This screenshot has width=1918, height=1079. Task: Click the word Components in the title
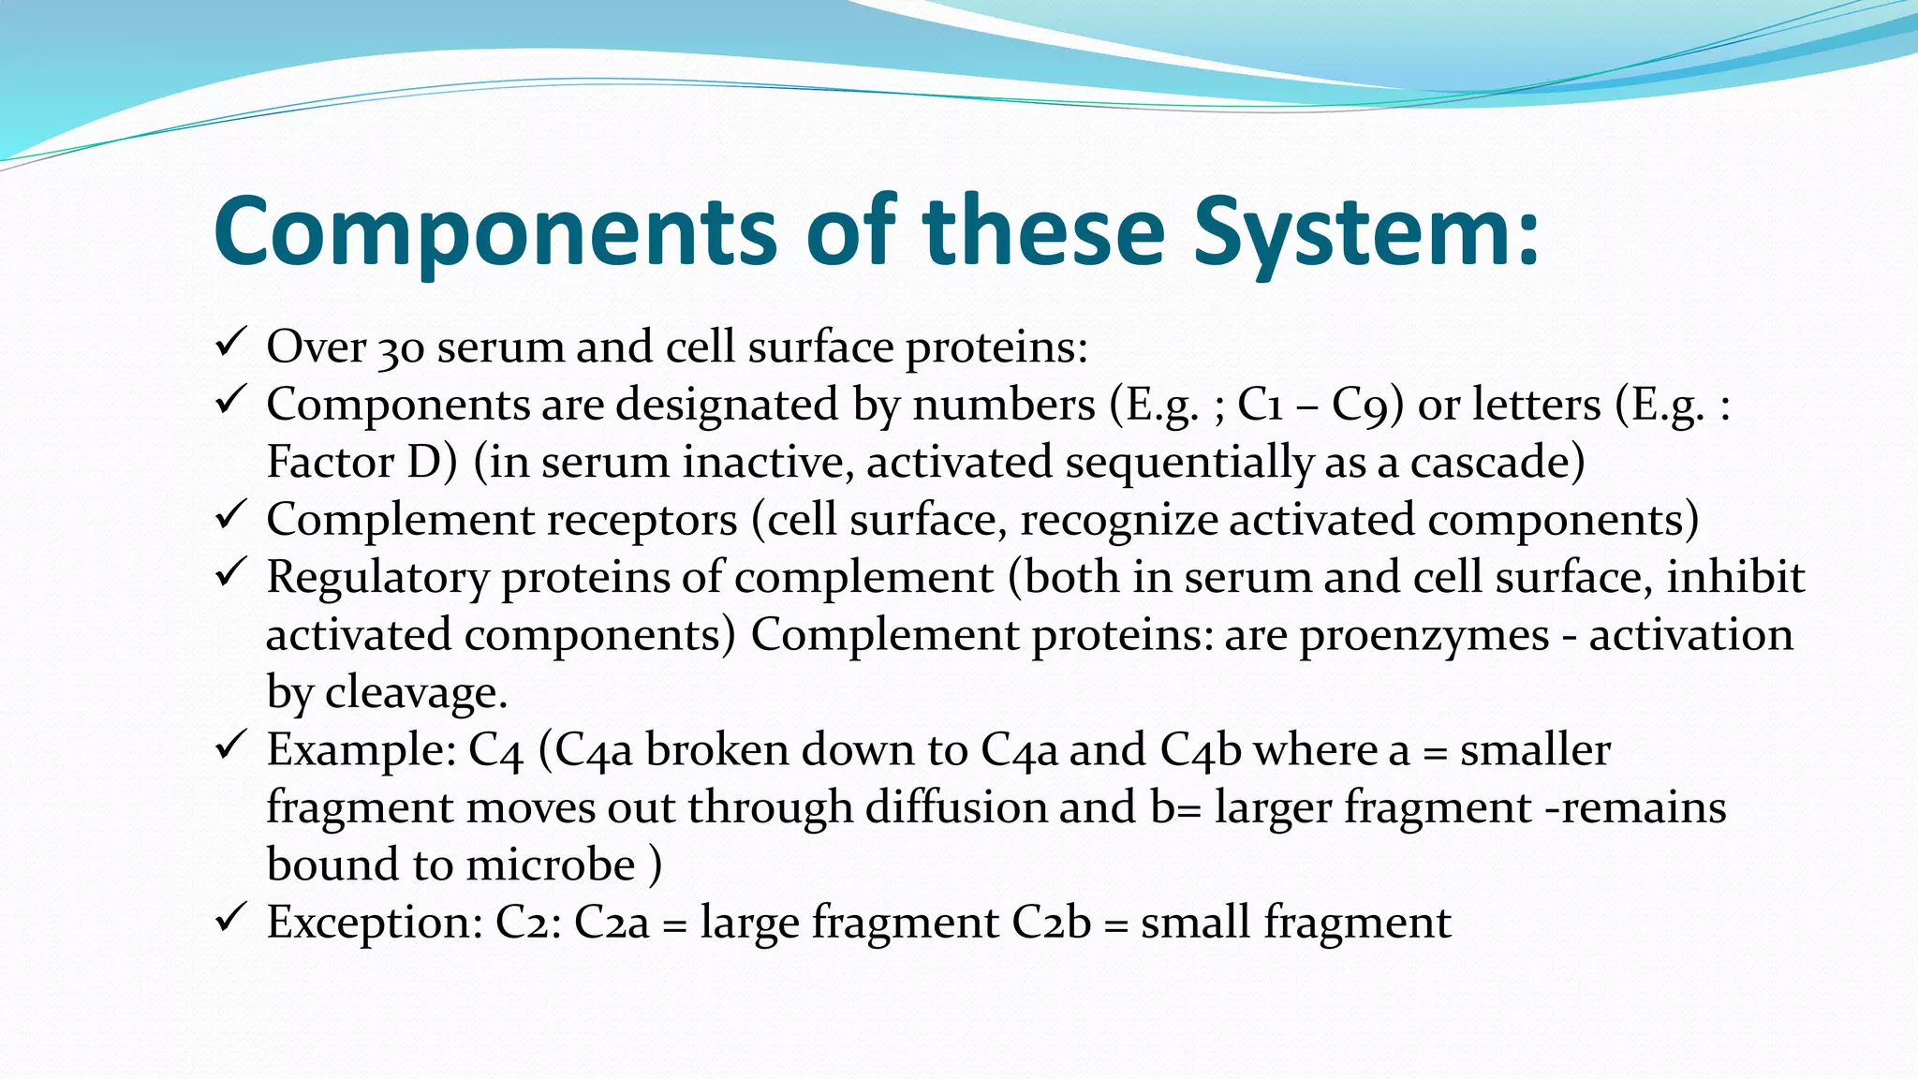coord(494,232)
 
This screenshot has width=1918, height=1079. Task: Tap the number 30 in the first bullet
coord(401,348)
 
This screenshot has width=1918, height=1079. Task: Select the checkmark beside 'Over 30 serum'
coord(230,343)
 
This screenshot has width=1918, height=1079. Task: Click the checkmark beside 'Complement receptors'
coord(230,515)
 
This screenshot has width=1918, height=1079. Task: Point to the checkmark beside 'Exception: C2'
coord(230,918)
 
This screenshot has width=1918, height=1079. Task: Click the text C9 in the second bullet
coord(1367,406)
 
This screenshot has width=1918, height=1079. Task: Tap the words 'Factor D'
coord(361,463)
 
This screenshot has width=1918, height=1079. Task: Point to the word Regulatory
coord(377,578)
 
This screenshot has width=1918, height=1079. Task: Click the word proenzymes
coord(1424,636)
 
